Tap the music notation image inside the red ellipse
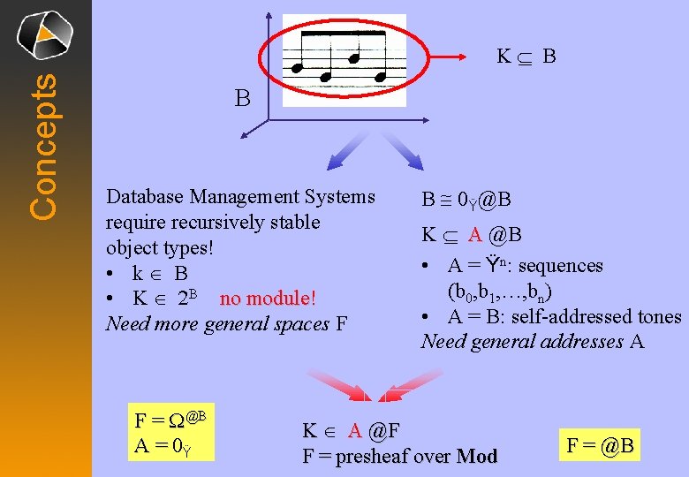point(344,60)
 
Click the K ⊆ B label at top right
point(526,57)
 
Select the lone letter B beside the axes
point(243,98)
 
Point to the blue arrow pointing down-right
point(403,148)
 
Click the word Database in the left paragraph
point(144,196)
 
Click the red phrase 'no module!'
point(268,299)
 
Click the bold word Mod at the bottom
point(477,457)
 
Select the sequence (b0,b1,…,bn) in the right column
point(504,291)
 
